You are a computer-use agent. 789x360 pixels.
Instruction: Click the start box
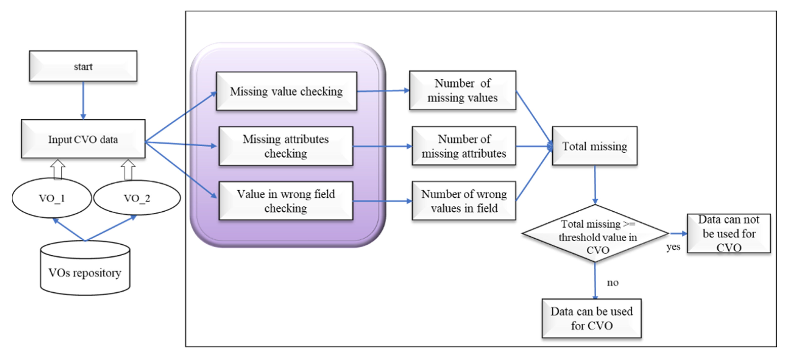tap(83, 66)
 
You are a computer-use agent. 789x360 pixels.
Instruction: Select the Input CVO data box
tap(83, 139)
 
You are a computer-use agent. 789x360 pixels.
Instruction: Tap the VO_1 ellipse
tap(52, 198)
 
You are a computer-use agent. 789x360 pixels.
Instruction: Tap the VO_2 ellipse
tap(137, 198)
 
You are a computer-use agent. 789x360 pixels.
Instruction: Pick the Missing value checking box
tap(286, 91)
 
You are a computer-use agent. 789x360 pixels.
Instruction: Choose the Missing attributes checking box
tap(286, 146)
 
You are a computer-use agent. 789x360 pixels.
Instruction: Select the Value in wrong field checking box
tap(286, 201)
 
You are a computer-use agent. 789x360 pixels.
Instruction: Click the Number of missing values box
tap(462, 91)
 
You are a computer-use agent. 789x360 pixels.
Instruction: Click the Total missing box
tap(595, 146)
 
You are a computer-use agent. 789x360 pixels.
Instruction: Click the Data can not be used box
tap(729, 233)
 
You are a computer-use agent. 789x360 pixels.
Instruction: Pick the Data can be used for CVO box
tap(592, 319)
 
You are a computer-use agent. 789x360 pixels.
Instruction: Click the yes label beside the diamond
tap(673, 247)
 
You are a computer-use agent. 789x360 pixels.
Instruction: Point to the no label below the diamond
tap(613, 282)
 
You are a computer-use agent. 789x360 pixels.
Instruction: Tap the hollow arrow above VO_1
tap(58, 169)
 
